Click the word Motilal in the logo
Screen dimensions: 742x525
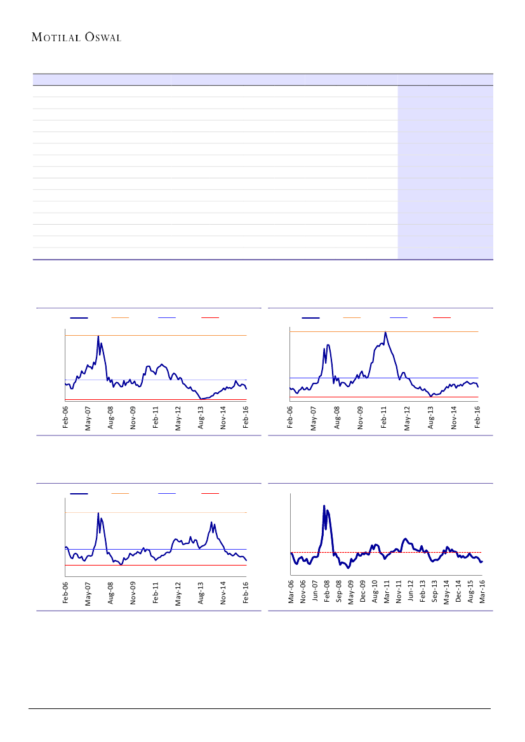[x=57, y=37]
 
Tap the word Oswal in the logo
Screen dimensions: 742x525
[x=102, y=37]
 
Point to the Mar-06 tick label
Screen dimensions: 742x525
[x=291, y=590]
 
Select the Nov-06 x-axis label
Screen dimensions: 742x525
[x=303, y=590]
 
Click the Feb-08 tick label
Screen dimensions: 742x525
[x=328, y=590]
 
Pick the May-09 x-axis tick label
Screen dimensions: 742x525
[x=351, y=590]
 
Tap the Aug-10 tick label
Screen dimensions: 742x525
[x=375, y=590]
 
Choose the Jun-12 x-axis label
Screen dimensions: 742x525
[x=411, y=590]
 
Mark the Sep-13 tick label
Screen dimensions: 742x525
[x=435, y=590]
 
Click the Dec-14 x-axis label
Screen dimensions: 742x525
[x=458, y=590]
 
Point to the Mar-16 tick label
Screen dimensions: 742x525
[x=482, y=590]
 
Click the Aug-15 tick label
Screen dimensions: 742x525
[x=470, y=590]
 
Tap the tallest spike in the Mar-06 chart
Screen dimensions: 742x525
[x=324, y=507]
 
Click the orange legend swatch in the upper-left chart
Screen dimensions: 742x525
[x=120, y=317]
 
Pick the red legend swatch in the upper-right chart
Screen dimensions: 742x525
[x=442, y=317]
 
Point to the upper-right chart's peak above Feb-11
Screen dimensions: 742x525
[x=385, y=333]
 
